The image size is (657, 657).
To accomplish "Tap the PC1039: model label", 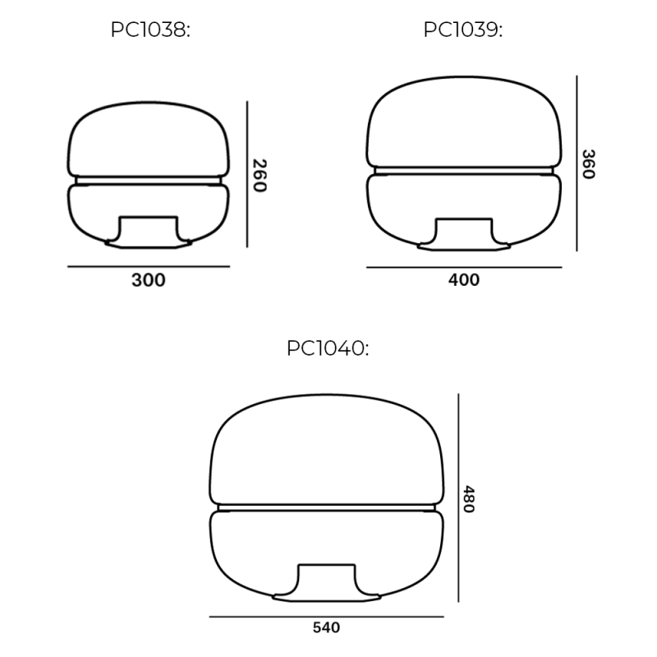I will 462,30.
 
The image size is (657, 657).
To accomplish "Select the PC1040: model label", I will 328,348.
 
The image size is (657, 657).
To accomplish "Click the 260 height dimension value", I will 260,175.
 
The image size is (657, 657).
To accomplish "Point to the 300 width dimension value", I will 149,280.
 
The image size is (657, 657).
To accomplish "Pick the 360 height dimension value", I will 588,164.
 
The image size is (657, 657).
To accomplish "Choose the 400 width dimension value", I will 464,280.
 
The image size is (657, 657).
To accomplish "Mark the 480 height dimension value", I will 469,498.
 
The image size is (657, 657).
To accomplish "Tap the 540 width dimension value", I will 326,628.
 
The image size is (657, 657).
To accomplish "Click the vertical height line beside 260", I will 247,174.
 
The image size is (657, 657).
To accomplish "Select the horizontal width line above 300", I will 149,266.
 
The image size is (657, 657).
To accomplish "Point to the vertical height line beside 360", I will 577,163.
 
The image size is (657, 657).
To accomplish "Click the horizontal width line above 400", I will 464,267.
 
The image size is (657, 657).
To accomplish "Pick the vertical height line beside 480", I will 457,498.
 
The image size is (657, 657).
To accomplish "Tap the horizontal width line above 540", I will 326,616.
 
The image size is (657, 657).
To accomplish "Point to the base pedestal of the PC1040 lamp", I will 326,582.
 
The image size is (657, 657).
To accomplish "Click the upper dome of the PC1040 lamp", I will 326,452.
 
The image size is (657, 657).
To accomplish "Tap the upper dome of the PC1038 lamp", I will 149,140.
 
